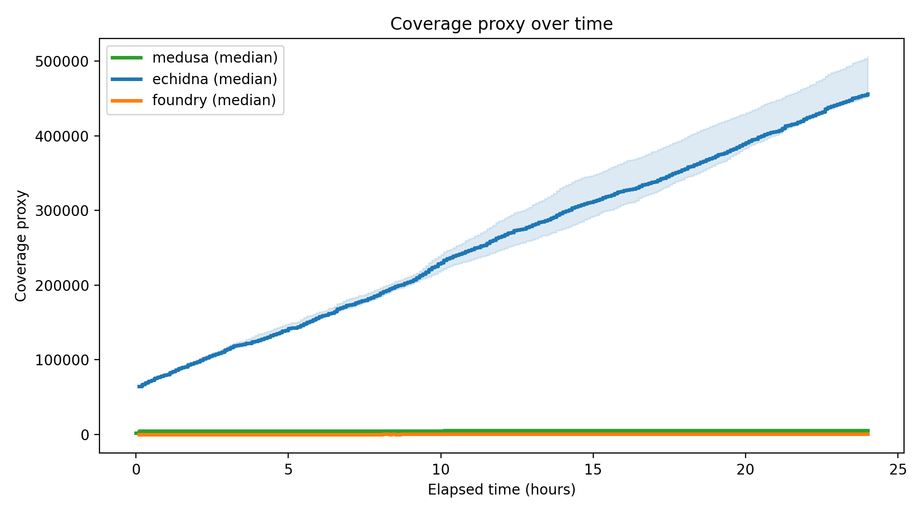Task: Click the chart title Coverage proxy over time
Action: tap(501, 24)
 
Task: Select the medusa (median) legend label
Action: tap(215, 57)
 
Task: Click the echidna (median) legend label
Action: tap(214, 79)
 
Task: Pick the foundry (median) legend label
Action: tap(214, 100)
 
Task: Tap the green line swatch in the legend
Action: tap(127, 58)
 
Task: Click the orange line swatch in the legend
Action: tap(127, 101)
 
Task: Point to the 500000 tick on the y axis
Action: tap(62, 62)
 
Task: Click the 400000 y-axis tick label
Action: tap(62, 136)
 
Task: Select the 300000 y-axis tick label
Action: tap(62, 211)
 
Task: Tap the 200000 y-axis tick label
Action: tap(62, 286)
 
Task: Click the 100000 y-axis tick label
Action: tap(62, 360)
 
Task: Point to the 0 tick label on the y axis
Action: tap(85, 435)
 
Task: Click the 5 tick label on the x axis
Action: tap(288, 470)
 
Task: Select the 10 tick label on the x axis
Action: tap(440, 470)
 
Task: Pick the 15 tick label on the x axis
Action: tap(593, 470)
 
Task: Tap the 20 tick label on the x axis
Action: tap(745, 470)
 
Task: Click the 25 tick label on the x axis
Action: tap(898, 470)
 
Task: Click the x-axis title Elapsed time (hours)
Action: tap(501, 490)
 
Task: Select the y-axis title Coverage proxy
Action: tap(21, 246)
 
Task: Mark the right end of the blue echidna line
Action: tap(868, 94)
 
